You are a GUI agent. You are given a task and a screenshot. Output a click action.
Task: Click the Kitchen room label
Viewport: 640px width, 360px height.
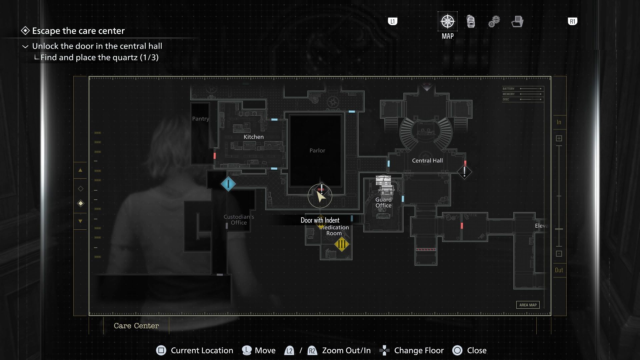click(253, 137)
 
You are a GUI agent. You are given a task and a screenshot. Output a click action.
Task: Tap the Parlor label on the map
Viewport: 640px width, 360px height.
click(317, 150)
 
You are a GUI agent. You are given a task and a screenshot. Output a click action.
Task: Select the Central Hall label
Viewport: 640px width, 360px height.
click(427, 160)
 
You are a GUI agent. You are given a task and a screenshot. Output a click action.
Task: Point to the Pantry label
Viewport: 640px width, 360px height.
click(200, 119)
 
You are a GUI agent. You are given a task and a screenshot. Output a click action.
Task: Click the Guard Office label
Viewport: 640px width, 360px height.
click(383, 202)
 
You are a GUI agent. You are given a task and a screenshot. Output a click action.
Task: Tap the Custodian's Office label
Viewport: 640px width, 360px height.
click(239, 220)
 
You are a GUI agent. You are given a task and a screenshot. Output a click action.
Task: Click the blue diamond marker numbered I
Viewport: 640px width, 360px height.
click(228, 184)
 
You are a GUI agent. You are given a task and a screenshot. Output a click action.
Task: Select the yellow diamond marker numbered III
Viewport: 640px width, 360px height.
click(341, 244)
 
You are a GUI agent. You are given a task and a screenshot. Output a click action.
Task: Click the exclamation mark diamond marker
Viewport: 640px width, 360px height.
click(464, 172)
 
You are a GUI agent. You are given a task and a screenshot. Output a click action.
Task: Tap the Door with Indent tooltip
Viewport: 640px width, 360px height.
click(320, 220)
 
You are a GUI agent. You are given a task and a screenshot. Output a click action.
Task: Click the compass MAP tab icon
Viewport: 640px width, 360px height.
click(447, 22)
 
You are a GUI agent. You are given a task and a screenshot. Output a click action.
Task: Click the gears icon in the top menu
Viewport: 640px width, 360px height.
click(494, 22)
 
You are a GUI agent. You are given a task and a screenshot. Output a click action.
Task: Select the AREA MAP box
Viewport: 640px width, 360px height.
click(528, 305)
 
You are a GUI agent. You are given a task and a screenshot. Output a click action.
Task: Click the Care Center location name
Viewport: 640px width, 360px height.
click(136, 326)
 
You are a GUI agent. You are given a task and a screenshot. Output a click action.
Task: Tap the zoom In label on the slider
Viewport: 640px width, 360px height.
click(559, 122)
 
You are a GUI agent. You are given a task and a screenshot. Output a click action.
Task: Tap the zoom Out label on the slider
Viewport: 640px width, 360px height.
click(559, 270)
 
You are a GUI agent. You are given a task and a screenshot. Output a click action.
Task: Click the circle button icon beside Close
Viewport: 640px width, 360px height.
click(457, 350)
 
